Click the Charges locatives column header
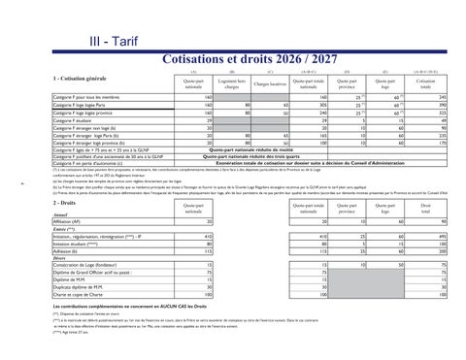(269, 83)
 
